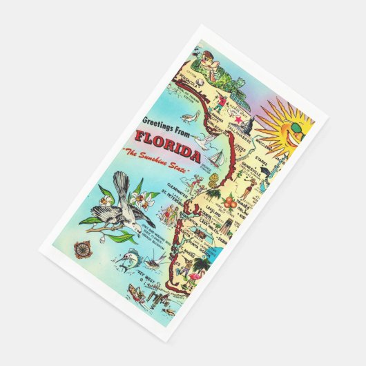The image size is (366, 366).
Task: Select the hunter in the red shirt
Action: tap(220, 102)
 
